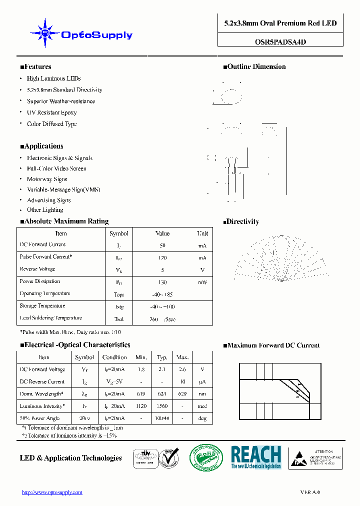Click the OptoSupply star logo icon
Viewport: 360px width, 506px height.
[x=45, y=33]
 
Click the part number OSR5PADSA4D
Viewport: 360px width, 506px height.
[x=280, y=42]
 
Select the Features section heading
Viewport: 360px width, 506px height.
[x=35, y=67]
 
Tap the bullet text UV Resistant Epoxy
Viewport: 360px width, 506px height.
[x=51, y=112]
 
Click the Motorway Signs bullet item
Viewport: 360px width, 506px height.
[x=47, y=179]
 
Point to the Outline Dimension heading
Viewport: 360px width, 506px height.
[x=254, y=67]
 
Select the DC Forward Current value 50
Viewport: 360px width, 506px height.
[x=162, y=246]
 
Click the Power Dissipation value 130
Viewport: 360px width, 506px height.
[x=162, y=282]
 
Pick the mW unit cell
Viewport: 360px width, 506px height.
[x=202, y=282]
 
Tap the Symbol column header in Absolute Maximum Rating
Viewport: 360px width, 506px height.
[x=119, y=233]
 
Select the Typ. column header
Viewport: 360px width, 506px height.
[x=162, y=357]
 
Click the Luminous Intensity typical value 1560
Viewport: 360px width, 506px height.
[x=162, y=406]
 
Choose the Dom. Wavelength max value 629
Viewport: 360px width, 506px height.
[x=183, y=394]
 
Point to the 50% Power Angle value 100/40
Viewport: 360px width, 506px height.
[x=162, y=418]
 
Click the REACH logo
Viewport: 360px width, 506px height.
[x=256, y=457]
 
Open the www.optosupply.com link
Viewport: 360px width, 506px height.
[x=52, y=492]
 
